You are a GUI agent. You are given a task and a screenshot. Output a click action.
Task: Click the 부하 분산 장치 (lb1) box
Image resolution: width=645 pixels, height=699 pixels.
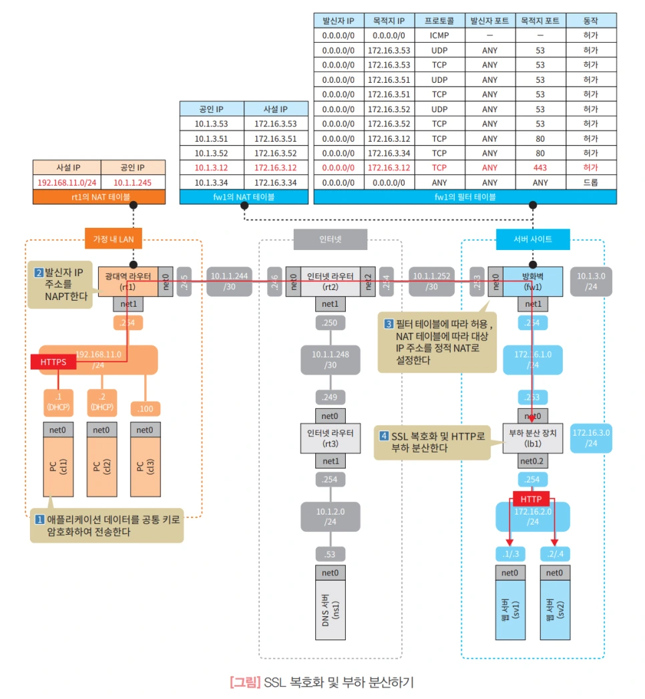[532, 438]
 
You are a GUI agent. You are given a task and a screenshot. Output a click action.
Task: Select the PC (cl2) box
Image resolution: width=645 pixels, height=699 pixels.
[101, 465]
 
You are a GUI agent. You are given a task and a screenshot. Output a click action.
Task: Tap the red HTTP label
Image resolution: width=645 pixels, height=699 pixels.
[531, 499]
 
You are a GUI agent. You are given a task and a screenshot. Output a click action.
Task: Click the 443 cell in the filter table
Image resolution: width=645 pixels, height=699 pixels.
[540, 168]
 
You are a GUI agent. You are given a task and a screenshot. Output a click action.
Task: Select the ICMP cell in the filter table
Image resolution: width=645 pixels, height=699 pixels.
[439, 36]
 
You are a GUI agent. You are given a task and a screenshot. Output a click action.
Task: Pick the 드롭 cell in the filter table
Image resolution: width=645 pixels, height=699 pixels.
[590, 182]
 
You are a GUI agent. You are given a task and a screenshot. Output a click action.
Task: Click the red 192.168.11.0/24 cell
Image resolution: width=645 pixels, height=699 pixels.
[67, 182]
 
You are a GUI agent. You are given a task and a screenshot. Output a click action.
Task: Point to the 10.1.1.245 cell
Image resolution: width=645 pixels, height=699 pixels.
[132, 182]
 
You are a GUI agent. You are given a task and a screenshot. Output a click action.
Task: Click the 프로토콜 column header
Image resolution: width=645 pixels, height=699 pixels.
[439, 21]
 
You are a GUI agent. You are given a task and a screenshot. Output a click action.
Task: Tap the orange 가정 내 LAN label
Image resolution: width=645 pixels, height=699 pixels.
[113, 239]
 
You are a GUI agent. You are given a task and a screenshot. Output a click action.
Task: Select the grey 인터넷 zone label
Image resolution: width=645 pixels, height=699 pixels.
[330, 239]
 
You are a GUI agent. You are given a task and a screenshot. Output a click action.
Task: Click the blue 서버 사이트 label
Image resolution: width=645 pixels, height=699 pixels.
[532, 239]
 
